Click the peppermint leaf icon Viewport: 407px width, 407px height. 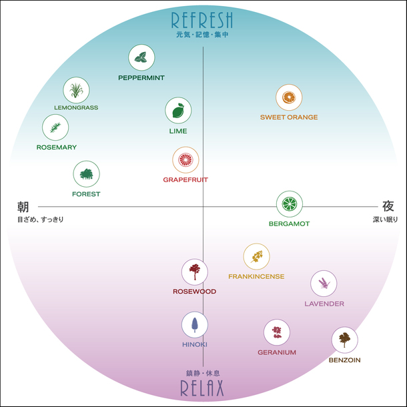[141, 58]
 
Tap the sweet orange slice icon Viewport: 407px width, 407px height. [289, 98]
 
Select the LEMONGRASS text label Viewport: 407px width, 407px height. [76, 107]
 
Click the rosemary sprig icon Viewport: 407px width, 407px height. [55, 127]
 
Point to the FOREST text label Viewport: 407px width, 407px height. [86, 194]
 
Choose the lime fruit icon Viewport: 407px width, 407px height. [178, 111]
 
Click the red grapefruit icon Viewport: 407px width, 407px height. [185, 160]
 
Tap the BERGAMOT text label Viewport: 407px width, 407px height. [289, 224]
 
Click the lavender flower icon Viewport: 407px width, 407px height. [324, 284]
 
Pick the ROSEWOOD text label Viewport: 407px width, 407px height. [194, 292]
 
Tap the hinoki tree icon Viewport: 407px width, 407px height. [195, 325]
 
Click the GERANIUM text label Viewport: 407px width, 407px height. [277, 352]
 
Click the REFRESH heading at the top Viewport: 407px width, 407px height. [202, 19]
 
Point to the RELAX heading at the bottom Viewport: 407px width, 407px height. [202, 388]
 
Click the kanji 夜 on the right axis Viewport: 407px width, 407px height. [388, 206]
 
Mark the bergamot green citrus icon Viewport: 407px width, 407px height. [289, 203]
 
